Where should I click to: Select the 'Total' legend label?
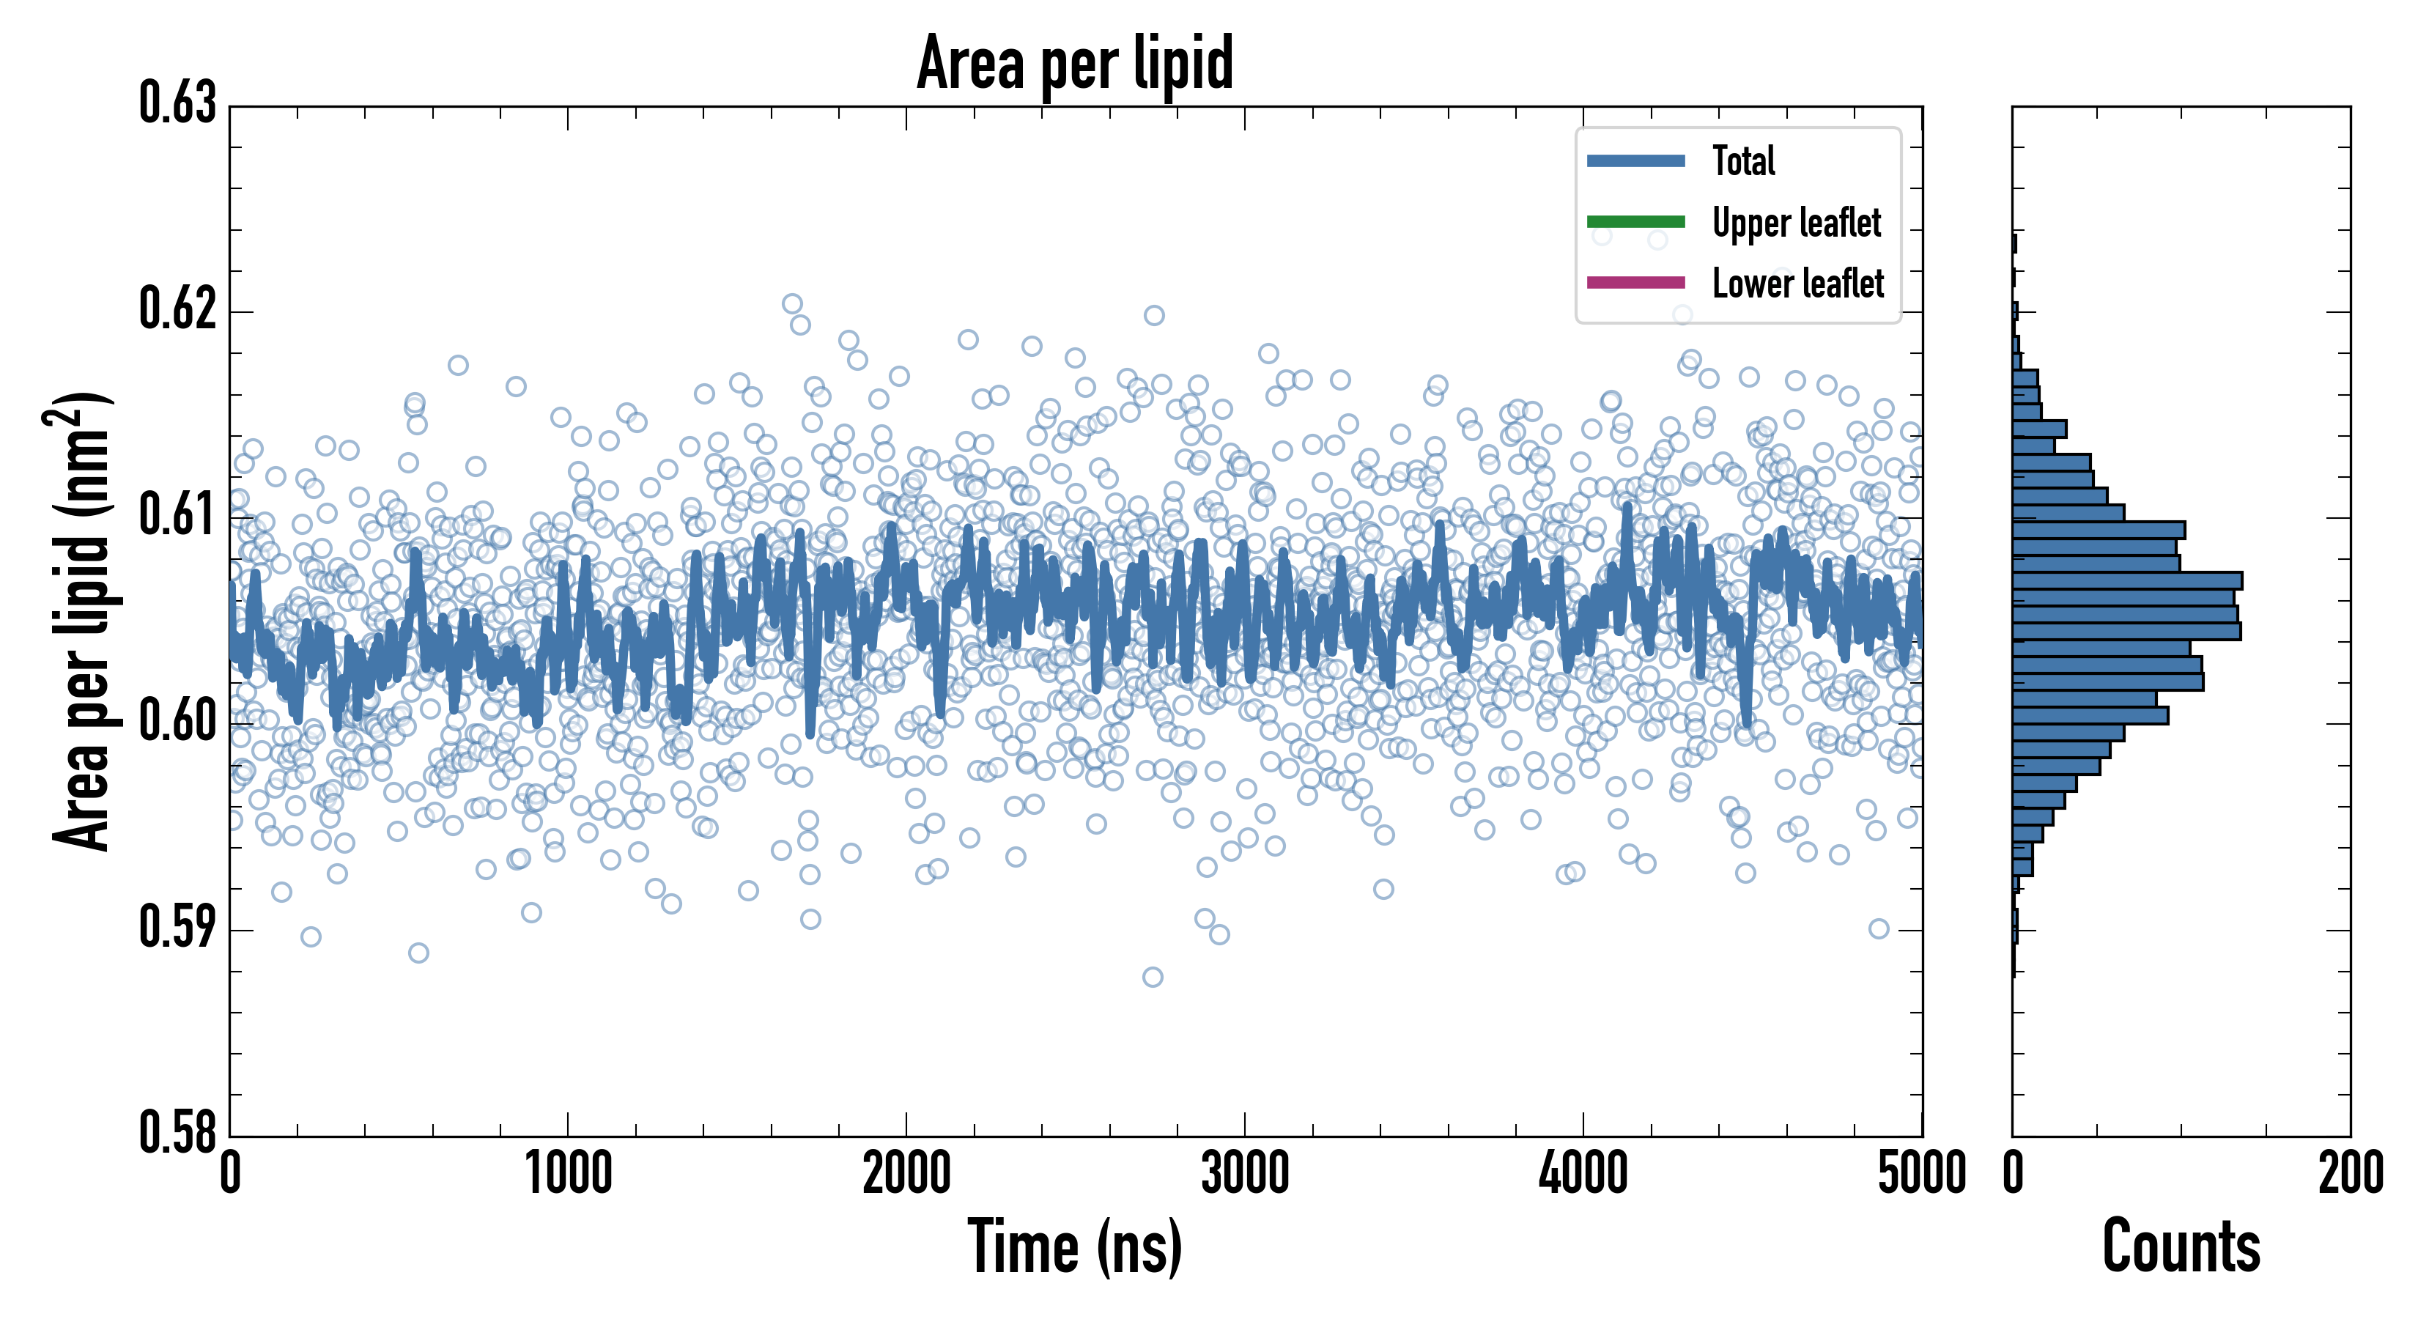[1743, 160]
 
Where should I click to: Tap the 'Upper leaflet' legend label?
[1796, 223]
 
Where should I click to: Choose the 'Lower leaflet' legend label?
[1797, 284]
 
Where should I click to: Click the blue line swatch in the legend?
[1635, 160]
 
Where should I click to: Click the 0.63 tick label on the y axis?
[177, 103]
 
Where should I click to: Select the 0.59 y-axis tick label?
[177, 928]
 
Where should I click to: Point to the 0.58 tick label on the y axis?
[177, 1132]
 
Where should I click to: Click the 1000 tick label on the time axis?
[568, 1173]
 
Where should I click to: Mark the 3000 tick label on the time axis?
[1245, 1173]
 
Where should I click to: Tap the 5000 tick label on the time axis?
[1921, 1173]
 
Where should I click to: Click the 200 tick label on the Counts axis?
[2349, 1173]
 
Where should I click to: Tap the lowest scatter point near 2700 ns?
[1153, 978]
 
